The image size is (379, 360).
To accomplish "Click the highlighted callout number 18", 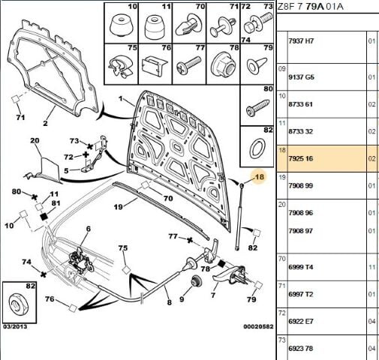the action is (x=259, y=177).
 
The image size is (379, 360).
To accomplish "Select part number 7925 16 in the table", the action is (x=301, y=158).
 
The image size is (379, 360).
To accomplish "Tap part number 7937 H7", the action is (x=301, y=40).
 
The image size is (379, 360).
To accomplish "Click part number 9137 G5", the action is (x=301, y=77).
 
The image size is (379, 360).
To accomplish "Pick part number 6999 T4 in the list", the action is (x=301, y=267).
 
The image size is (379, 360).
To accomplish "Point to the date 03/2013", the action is (x=15, y=327).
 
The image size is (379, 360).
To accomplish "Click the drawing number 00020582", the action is (x=258, y=326).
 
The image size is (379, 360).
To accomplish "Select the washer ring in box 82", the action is (x=257, y=149).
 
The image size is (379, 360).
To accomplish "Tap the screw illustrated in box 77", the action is (x=188, y=65).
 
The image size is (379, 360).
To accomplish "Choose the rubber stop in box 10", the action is (x=121, y=26).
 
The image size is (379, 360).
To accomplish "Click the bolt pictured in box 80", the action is (x=257, y=108).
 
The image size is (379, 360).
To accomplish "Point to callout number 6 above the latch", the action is (x=89, y=229).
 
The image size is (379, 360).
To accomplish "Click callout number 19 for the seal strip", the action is (x=118, y=207).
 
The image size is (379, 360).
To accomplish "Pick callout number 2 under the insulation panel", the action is (x=45, y=123).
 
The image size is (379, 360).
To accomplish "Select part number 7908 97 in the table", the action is (x=301, y=231).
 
